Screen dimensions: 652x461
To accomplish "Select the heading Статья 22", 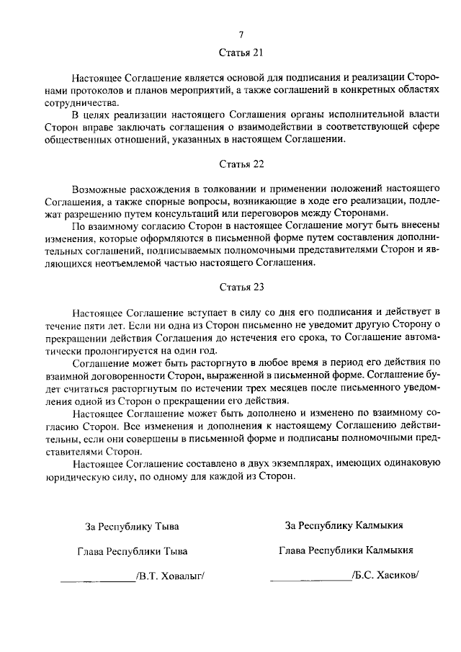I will click(x=242, y=164).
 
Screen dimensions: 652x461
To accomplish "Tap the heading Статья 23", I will click(x=242, y=287).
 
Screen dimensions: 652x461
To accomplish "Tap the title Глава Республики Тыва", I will click(x=132, y=551).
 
